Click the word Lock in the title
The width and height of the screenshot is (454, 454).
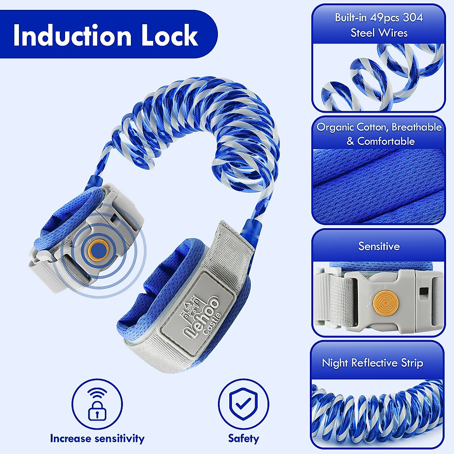tap(170, 35)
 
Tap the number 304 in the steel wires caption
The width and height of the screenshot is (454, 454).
tap(413, 17)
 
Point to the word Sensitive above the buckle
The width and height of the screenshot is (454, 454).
tap(379, 246)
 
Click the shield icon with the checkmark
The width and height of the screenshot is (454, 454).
tap(243, 404)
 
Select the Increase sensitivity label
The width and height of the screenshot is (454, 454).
tap(97, 438)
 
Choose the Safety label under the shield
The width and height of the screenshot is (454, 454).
tap(243, 438)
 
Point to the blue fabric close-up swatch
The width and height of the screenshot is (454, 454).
tap(378, 185)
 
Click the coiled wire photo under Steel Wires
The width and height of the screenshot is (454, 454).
tap(378, 78)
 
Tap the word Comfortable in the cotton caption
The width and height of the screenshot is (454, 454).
tap(386, 141)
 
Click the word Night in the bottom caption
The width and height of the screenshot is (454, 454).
tap(335, 363)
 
